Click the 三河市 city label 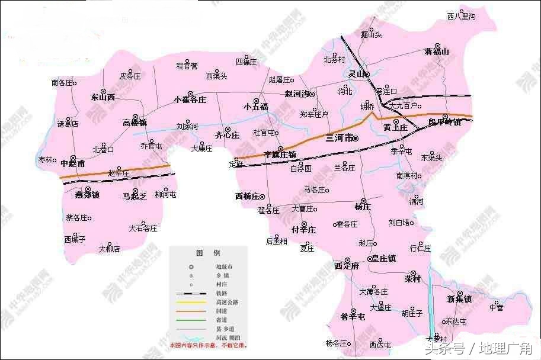click(x=339, y=139)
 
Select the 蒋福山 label click(x=437, y=52)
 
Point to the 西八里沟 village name click(x=461, y=16)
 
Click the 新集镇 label click(x=459, y=300)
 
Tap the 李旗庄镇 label click(x=280, y=155)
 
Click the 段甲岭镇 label click(x=444, y=123)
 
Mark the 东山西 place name click(x=103, y=98)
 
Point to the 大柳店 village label click(x=109, y=249)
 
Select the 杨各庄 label click(x=336, y=343)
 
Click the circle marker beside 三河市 click(x=356, y=139)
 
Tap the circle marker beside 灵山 click(x=367, y=75)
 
